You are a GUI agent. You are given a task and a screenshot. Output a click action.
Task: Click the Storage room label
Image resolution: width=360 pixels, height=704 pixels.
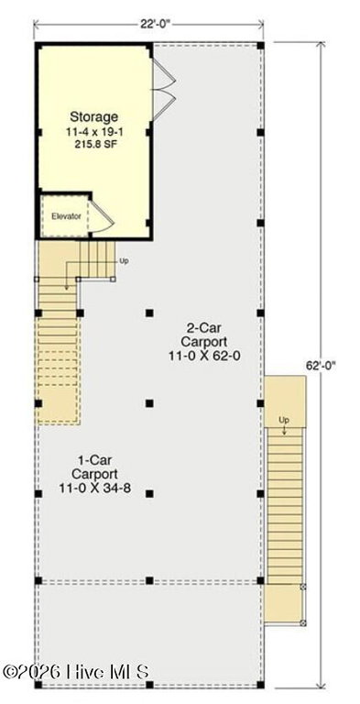click(x=94, y=117)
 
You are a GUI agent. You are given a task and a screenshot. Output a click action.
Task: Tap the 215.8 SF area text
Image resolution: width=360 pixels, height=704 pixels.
click(x=94, y=145)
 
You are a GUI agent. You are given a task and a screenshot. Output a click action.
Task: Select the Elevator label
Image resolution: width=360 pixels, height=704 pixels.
click(x=66, y=216)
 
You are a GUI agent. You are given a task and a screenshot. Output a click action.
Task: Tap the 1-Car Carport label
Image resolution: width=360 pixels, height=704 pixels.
click(x=94, y=467)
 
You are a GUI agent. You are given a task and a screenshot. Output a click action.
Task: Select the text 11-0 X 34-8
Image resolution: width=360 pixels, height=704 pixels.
click(x=94, y=488)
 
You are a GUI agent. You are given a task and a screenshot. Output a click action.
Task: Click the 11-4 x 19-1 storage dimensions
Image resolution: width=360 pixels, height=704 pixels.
click(x=94, y=133)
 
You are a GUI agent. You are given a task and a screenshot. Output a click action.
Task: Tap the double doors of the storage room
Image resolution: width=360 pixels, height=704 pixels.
click(x=164, y=90)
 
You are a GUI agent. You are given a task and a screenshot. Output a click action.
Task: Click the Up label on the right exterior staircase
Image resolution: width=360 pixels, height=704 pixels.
click(x=284, y=420)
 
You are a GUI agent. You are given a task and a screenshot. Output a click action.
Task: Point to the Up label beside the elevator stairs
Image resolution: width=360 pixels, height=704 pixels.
click(x=124, y=260)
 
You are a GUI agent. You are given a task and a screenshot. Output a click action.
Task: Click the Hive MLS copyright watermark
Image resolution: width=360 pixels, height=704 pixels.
click(x=75, y=672)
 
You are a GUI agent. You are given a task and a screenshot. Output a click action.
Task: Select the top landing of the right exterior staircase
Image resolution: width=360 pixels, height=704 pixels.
click(x=285, y=401)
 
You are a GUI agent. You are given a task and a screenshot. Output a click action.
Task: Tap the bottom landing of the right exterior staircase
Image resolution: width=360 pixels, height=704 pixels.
click(x=284, y=603)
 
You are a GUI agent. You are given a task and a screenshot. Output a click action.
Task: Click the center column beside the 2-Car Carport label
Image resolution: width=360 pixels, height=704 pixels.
click(x=149, y=313)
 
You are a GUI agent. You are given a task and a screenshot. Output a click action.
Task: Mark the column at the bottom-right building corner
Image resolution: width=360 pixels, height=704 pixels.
click(x=260, y=685)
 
